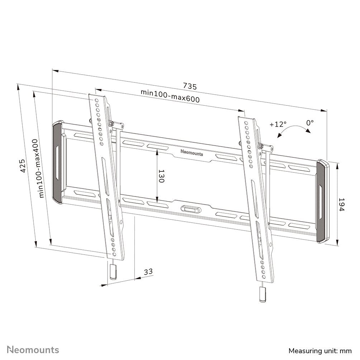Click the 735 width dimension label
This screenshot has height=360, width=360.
click(190, 86)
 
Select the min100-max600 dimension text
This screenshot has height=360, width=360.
click(170, 96)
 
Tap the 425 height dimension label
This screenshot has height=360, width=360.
click(23, 166)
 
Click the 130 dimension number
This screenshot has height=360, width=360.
click(161, 176)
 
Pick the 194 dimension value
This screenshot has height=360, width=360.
click(341, 204)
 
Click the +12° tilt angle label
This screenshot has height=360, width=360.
click(278, 124)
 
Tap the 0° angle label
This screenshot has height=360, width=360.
click(310, 123)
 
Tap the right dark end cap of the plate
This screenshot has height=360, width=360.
click(322, 203)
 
